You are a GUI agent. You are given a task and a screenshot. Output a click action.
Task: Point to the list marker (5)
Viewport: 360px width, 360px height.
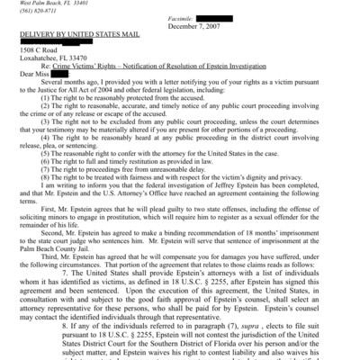(x=49, y=181)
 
